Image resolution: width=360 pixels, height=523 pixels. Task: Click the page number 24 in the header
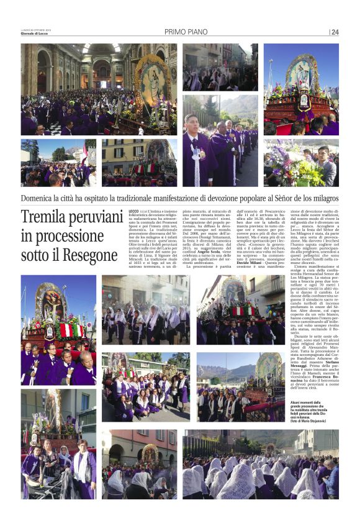pyautogui.click(x=335, y=32)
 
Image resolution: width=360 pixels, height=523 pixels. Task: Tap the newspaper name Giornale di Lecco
pyautogui.click(x=34, y=34)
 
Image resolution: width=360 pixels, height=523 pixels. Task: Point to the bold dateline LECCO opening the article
pyautogui.click(x=133, y=212)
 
